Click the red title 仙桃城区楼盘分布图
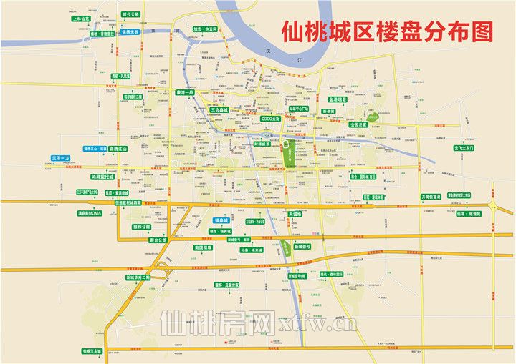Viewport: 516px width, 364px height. [x=388, y=31]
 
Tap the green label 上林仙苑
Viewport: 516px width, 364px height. [x=82, y=20]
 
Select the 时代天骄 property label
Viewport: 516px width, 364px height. [x=131, y=14]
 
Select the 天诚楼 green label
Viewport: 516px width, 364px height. [x=295, y=213]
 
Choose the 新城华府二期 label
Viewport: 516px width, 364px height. [x=138, y=277]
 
